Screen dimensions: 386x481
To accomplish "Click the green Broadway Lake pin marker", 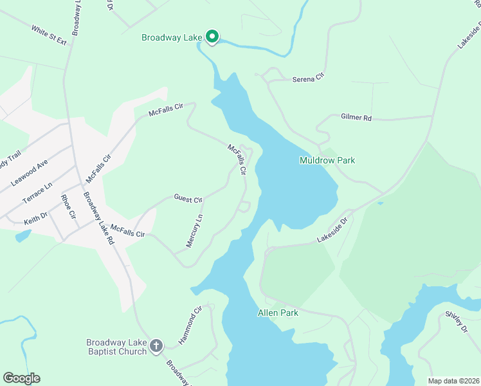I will click(212, 37).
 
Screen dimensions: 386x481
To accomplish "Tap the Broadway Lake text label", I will click(172, 38).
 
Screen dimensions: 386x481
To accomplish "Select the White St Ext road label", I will click(49, 35).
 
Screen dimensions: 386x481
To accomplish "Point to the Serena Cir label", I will click(306, 79).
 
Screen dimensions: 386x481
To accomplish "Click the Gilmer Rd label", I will click(356, 118).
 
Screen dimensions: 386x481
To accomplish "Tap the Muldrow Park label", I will click(327, 160).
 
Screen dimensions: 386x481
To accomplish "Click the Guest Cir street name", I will click(188, 199).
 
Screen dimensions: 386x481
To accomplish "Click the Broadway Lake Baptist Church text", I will click(116, 347).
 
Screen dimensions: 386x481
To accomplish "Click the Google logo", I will click(21, 378).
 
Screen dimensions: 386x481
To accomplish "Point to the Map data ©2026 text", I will click(453, 381).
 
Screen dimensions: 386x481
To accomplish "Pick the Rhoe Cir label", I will click(68, 206).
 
